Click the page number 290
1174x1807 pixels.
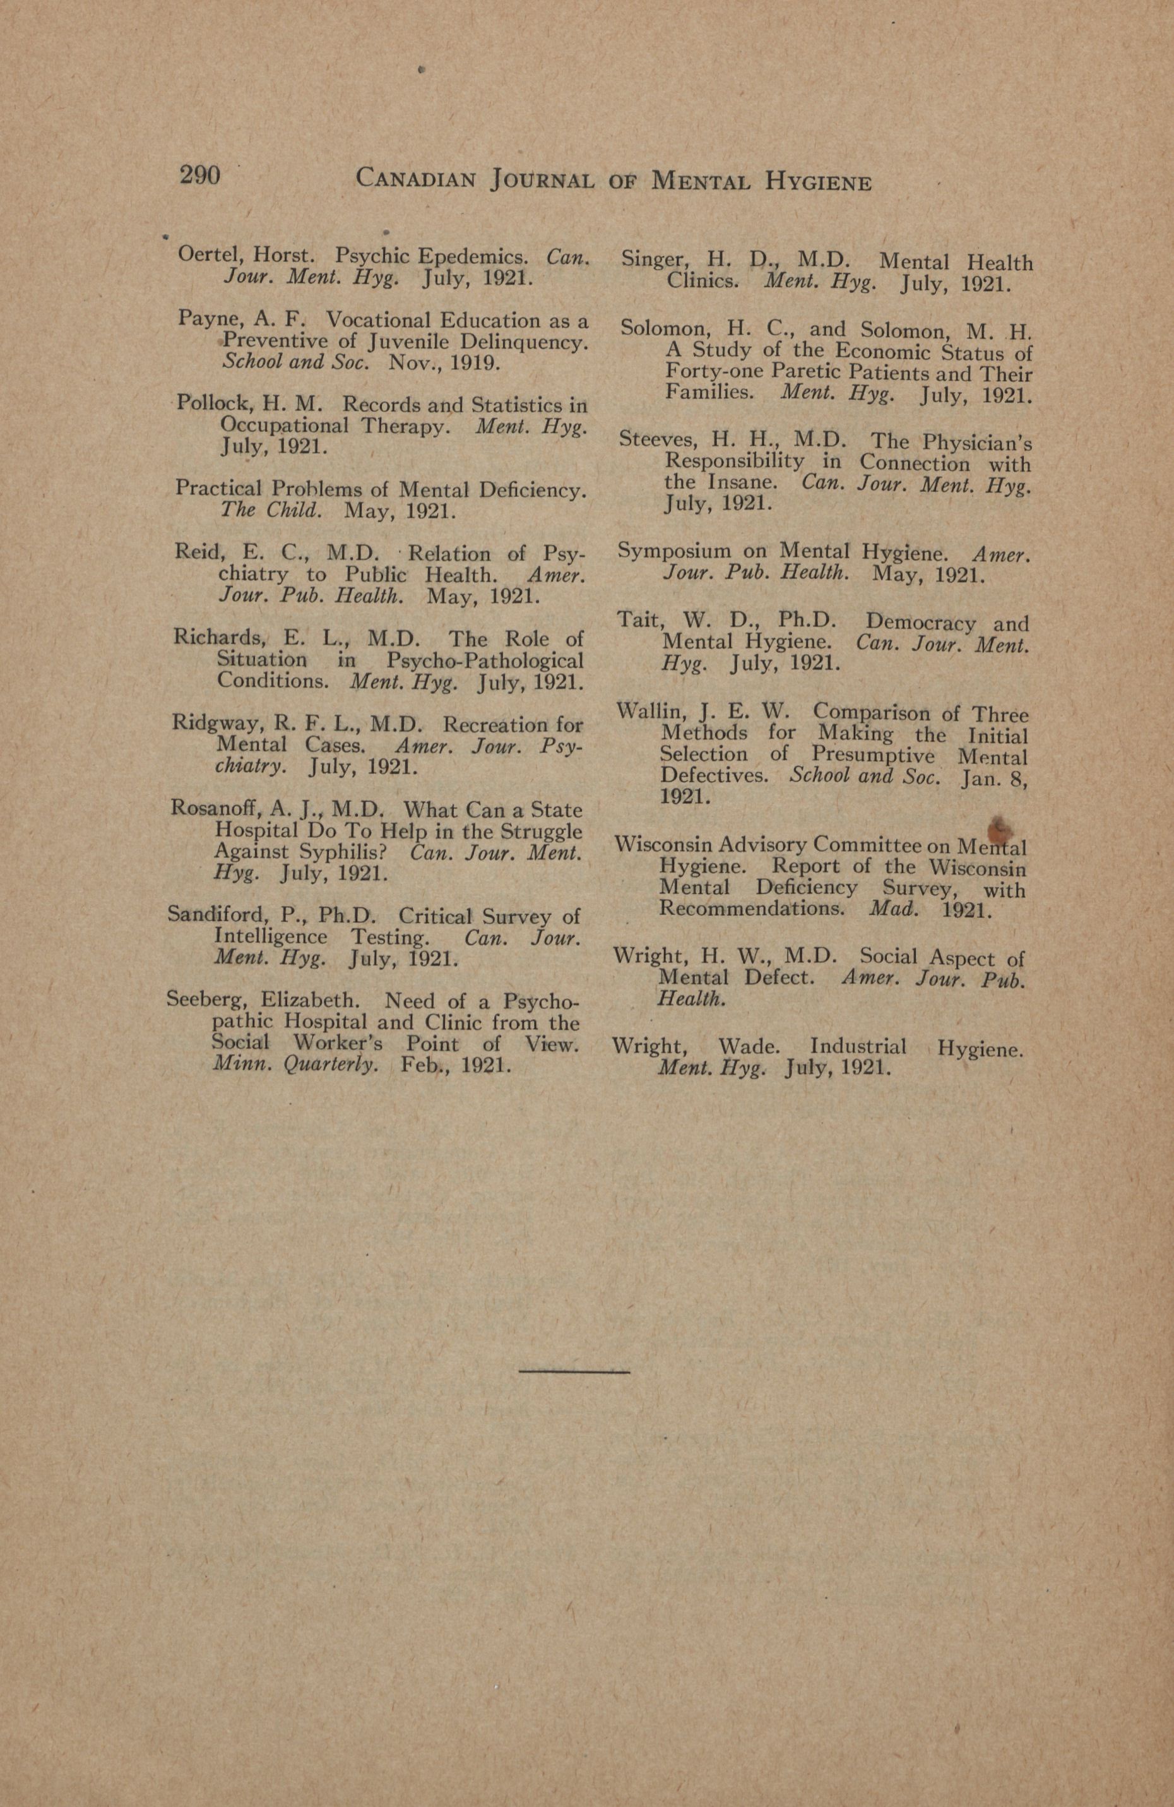point(199,176)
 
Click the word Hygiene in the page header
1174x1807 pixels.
point(818,183)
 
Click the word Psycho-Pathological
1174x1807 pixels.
point(485,660)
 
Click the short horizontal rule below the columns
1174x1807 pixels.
point(574,1371)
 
